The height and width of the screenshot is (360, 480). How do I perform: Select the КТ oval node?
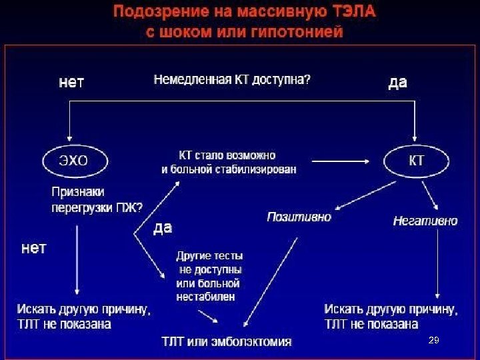click(x=415, y=161)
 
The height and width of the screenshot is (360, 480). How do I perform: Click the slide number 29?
click(x=433, y=341)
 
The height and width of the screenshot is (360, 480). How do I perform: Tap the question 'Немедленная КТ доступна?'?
click(x=232, y=79)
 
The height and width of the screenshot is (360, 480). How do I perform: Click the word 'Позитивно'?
click(x=299, y=217)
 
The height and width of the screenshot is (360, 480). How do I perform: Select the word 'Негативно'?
click(x=425, y=221)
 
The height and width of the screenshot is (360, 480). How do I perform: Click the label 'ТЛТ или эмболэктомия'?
click(x=227, y=341)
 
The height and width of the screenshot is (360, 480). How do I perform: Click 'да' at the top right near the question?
click(x=397, y=83)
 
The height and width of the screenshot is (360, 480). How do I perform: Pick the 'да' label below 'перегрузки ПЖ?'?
click(x=163, y=228)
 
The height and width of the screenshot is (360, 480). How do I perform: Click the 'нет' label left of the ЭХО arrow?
click(x=34, y=249)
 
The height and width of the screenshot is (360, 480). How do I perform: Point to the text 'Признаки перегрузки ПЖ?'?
click(x=97, y=199)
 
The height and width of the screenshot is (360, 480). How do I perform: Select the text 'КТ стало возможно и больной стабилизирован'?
click(x=229, y=162)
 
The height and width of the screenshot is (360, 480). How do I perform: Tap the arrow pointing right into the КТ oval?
click(x=343, y=161)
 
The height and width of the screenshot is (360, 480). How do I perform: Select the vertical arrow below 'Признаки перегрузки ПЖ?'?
click(x=78, y=260)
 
